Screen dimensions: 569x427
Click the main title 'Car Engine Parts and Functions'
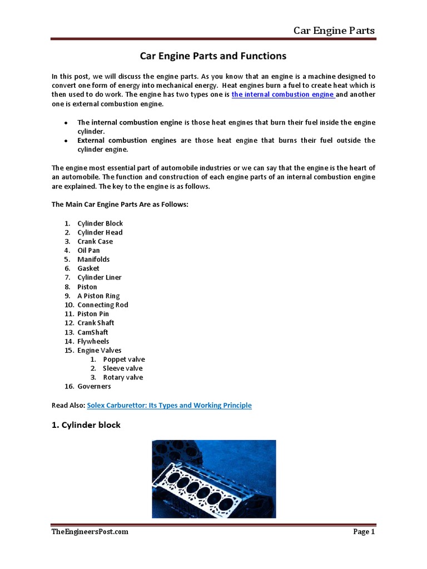tap(213, 56)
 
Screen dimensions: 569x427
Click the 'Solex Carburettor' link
tap(169, 406)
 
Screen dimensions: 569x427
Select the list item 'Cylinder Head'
tap(100, 232)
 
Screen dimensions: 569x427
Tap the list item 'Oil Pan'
tap(88, 251)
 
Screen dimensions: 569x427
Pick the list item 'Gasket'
tap(88, 268)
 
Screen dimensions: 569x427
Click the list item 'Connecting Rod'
tap(103, 305)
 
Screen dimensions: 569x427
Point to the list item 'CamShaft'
tap(93, 332)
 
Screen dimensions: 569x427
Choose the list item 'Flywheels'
tap(93, 341)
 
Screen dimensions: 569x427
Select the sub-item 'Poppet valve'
tap(124, 360)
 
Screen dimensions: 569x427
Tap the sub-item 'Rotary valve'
tap(123, 377)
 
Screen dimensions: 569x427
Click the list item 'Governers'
tap(94, 386)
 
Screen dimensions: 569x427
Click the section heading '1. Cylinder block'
tap(86, 425)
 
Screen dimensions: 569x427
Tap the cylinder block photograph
tap(213, 479)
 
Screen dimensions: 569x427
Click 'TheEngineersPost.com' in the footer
tap(90, 532)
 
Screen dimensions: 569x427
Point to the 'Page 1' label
tap(364, 532)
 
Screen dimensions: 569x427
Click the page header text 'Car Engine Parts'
tap(334, 30)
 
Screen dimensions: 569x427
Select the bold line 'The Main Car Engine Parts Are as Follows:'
tap(120, 205)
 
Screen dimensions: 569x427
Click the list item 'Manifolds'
tap(93, 259)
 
